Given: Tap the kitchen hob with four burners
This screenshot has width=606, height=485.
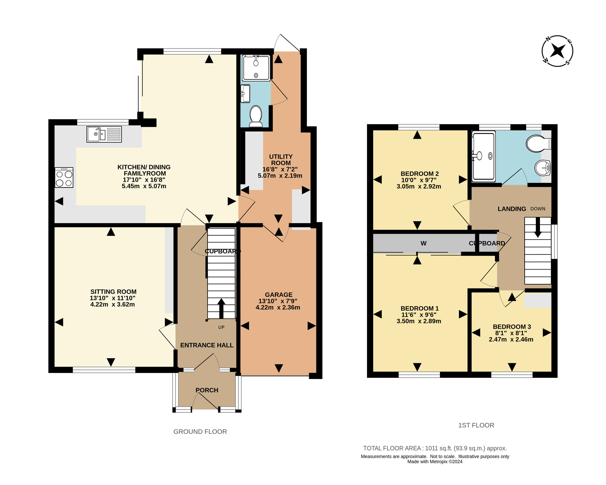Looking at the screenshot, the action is pos(64,178).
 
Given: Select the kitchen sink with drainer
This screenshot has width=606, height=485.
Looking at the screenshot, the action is pos(104,134).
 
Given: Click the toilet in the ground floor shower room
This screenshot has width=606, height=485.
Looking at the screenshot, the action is pos(256,116).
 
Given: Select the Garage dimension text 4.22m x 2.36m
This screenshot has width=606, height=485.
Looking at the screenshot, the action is pos(278,307).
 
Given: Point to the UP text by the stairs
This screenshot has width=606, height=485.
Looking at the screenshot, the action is pos(221,327).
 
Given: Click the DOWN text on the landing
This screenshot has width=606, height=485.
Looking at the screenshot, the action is pos(538,209).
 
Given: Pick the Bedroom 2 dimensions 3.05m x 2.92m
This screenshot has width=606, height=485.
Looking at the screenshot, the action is pos(419,186).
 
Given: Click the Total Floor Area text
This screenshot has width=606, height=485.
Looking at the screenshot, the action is pos(435,448).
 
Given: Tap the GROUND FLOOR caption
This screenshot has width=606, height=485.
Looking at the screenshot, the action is pos(200,432).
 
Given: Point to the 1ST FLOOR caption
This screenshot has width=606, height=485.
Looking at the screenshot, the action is pos(476,425).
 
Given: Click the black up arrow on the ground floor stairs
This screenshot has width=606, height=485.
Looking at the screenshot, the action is pos(221,308).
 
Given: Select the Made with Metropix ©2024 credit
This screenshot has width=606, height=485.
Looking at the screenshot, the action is pos(435,462).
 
